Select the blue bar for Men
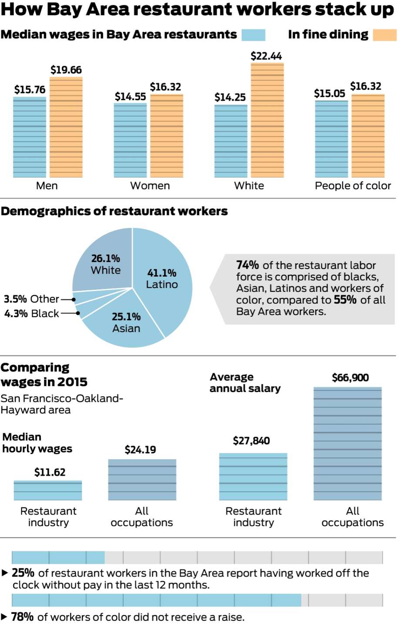tap(30, 137)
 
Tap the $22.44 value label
tap(266, 56)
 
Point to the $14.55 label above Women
tap(130, 97)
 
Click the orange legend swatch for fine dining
tap(384, 35)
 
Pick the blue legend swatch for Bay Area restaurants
tap(253, 35)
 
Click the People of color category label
tap(353, 186)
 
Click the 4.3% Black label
tap(31, 313)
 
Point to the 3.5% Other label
tap(31, 299)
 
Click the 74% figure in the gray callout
tap(247, 265)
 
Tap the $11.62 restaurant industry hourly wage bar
tap(48, 490)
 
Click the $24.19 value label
tap(140, 450)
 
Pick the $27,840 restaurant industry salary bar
tap(253, 476)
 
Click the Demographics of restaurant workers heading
tap(114, 211)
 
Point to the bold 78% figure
tap(22, 617)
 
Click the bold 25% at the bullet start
tap(23, 573)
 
